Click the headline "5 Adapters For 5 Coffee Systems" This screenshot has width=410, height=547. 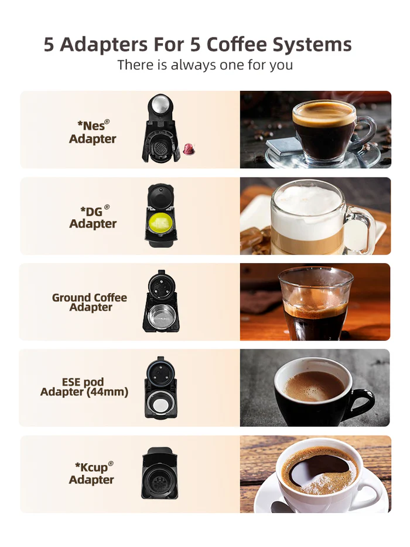pyautogui.click(x=198, y=45)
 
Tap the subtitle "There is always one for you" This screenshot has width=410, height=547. pyautogui.click(x=204, y=64)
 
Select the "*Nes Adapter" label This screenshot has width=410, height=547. pyautogui.click(x=93, y=132)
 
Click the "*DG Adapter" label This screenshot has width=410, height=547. pyautogui.click(x=93, y=217)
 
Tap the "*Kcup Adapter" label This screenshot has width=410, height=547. pyautogui.click(x=92, y=473)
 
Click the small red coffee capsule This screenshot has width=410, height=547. pyautogui.click(x=189, y=150)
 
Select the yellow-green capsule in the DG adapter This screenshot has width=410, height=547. pyautogui.click(x=160, y=223)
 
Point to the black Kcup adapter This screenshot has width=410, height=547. pyautogui.click(x=159, y=473)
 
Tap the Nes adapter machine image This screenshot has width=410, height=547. pyautogui.click(x=160, y=128)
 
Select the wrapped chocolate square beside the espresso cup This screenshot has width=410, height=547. pyautogui.click(x=280, y=147)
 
